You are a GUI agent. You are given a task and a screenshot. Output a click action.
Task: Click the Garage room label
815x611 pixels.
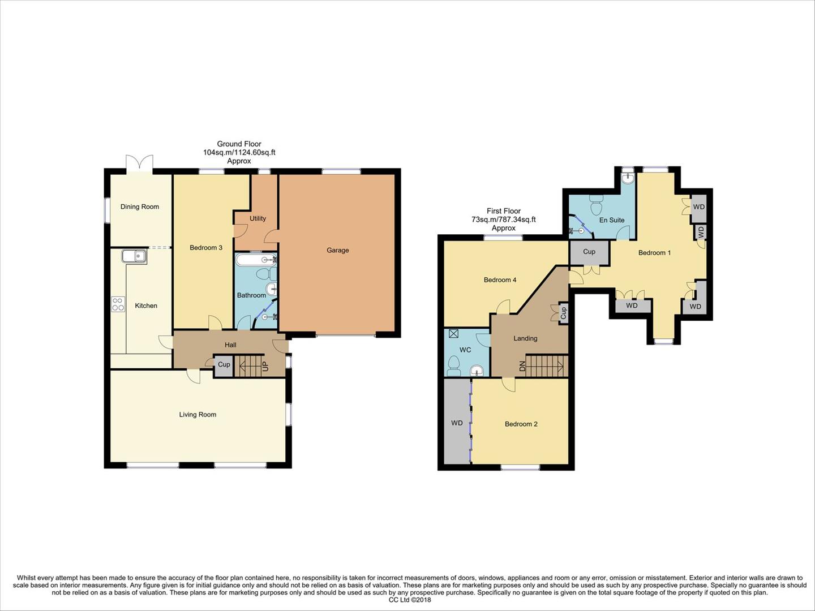pyautogui.click(x=337, y=250)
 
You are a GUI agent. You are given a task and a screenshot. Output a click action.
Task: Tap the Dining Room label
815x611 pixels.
pyautogui.click(x=139, y=206)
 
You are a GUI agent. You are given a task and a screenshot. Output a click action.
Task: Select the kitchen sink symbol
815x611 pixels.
pyautogui.click(x=134, y=257)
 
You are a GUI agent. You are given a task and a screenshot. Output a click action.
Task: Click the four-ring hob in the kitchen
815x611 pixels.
pyautogui.click(x=118, y=304)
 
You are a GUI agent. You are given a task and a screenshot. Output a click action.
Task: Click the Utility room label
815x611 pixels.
pyautogui.click(x=258, y=218)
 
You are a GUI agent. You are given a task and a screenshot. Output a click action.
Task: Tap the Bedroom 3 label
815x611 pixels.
pyautogui.click(x=205, y=247)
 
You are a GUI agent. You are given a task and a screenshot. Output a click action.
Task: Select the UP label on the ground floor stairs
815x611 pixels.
pyautogui.click(x=265, y=366)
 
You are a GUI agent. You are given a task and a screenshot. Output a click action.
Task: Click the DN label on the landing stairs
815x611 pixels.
pyautogui.click(x=522, y=366)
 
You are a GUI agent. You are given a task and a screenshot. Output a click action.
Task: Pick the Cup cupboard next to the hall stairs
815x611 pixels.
pyautogui.click(x=224, y=365)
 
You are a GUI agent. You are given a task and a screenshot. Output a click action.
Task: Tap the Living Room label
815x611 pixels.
pyautogui.click(x=198, y=415)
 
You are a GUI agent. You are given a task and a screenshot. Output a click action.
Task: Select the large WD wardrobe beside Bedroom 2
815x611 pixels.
pyautogui.click(x=457, y=423)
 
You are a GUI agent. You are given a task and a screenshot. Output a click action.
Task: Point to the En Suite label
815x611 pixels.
pyautogui.click(x=612, y=220)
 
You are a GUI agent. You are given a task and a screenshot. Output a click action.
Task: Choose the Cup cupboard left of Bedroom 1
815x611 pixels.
pyautogui.click(x=589, y=252)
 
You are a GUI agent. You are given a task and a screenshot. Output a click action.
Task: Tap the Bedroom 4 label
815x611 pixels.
pyautogui.click(x=500, y=279)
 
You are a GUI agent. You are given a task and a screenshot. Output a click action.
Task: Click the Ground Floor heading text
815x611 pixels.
pyautogui.click(x=239, y=144)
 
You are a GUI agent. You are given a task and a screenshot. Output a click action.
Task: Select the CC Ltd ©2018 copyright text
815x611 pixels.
pyautogui.click(x=410, y=600)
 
